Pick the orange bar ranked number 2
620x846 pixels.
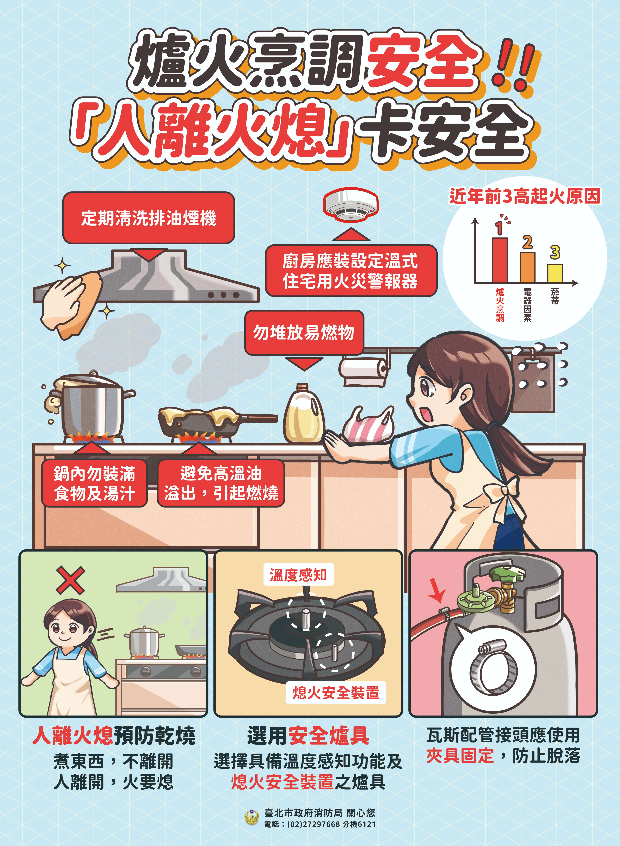(x=527, y=267)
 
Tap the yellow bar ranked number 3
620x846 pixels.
(x=555, y=273)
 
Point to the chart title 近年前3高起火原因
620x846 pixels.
(x=525, y=196)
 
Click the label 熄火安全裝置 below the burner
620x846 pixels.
(x=336, y=692)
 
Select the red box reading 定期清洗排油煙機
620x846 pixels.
(x=149, y=218)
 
